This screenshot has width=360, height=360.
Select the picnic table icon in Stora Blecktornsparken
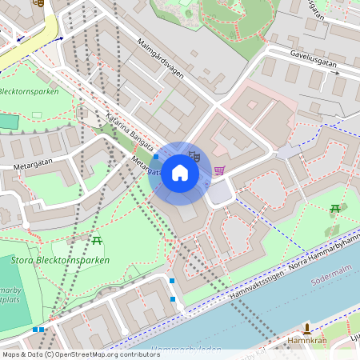pos(97,239)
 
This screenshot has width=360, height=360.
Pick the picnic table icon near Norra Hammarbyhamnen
pos(335,209)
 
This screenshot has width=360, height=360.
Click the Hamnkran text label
pos(306,340)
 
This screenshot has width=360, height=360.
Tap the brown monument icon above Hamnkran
pos(306,327)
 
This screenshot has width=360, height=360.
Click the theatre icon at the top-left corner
pos(38,2)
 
